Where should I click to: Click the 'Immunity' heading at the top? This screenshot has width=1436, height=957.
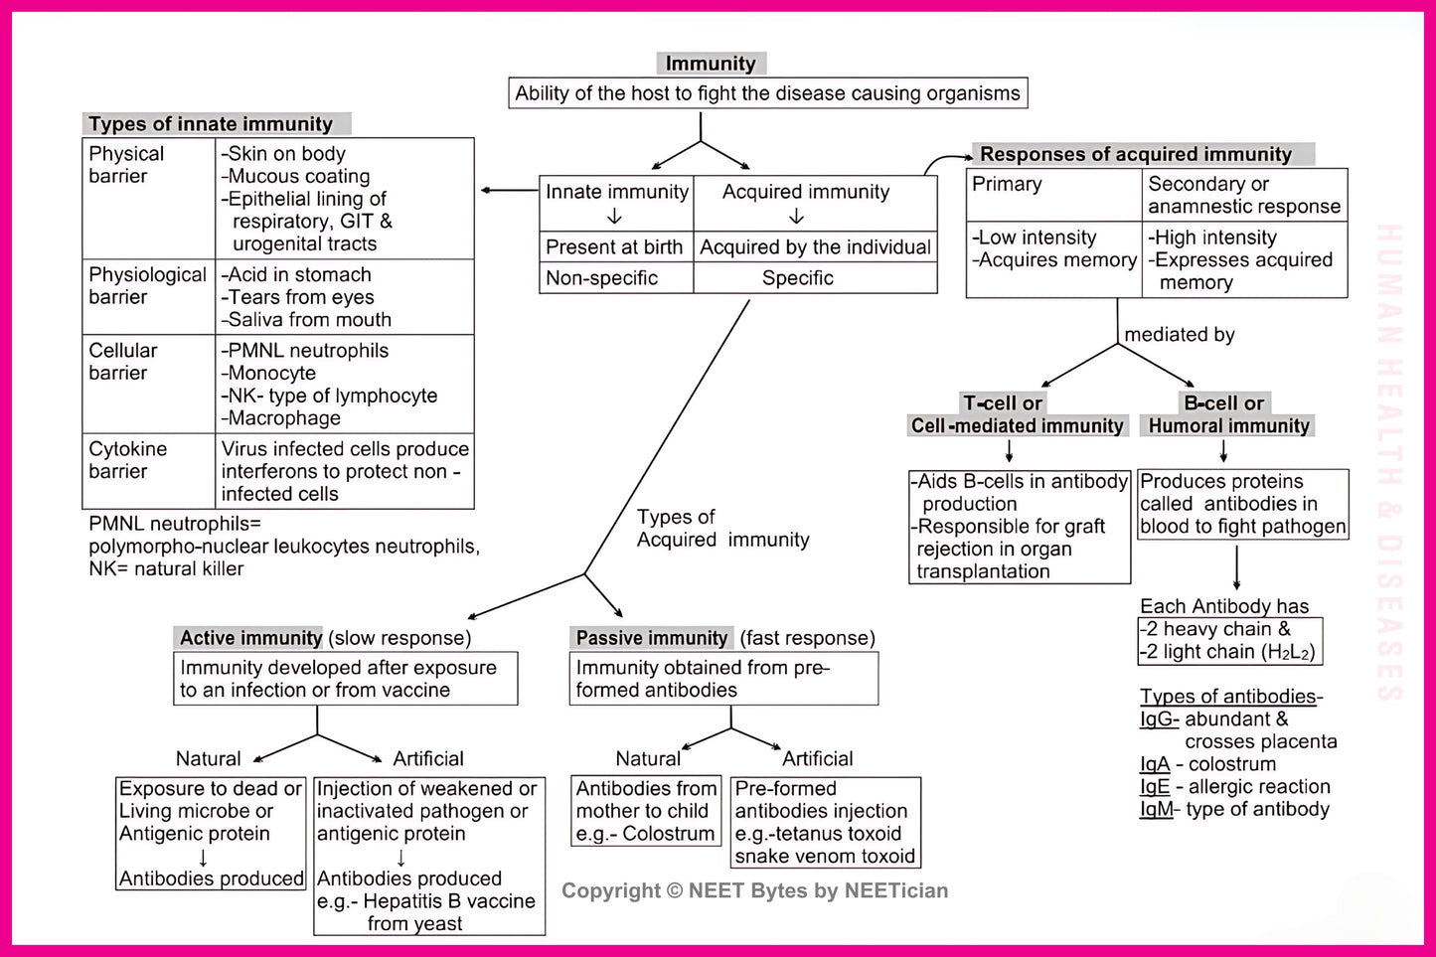pos(710,64)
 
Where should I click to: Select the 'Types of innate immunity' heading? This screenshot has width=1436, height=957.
pos(211,124)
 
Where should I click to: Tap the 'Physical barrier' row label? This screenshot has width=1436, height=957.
pos(126,165)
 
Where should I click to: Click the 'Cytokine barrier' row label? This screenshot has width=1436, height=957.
pos(127,460)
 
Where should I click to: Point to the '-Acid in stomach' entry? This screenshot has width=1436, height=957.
pos(296,274)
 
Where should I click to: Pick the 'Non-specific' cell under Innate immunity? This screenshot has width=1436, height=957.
pos(602,278)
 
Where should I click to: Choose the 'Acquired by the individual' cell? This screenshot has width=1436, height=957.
pos(815,247)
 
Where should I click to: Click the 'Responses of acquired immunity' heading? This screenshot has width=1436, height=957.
pos(1136,154)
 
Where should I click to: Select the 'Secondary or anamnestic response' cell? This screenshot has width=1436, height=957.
pos(1244,195)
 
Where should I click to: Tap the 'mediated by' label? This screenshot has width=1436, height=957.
pos(1180,335)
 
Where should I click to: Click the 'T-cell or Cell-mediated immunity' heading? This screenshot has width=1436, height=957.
pos(1017,414)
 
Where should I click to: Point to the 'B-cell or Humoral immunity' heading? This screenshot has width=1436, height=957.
pos(1228,414)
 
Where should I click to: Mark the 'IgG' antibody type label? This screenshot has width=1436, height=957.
pos(1159,719)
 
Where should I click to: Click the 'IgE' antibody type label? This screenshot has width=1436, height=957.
pos(1155,787)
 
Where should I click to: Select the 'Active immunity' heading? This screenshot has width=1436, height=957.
pos(250,638)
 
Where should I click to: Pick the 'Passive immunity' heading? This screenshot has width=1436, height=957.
pos(652,638)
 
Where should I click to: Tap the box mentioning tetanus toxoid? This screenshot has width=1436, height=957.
pos(825,823)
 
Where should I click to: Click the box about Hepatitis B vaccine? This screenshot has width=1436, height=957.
pos(428,856)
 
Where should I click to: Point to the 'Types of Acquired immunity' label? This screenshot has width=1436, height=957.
pos(722,529)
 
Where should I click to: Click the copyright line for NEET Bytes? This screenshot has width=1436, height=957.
pos(754,890)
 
